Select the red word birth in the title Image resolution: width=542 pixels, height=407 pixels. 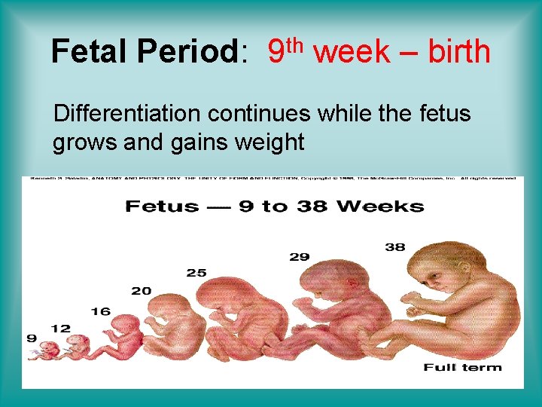[x=458, y=52]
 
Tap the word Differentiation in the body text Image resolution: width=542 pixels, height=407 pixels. [x=127, y=114]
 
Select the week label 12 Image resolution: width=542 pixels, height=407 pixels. [x=61, y=329]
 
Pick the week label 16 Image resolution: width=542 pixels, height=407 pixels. [x=102, y=311]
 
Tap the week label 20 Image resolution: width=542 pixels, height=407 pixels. [x=141, y=291]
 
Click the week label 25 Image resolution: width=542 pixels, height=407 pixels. [x=196, y=273]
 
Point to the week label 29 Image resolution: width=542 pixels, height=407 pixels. [x=299, y=257]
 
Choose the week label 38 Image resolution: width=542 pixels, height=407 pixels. [x=395, y=246]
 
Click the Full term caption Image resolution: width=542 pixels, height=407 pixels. [x=462, y=368]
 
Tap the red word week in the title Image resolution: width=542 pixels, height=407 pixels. [x=352, y=52]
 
